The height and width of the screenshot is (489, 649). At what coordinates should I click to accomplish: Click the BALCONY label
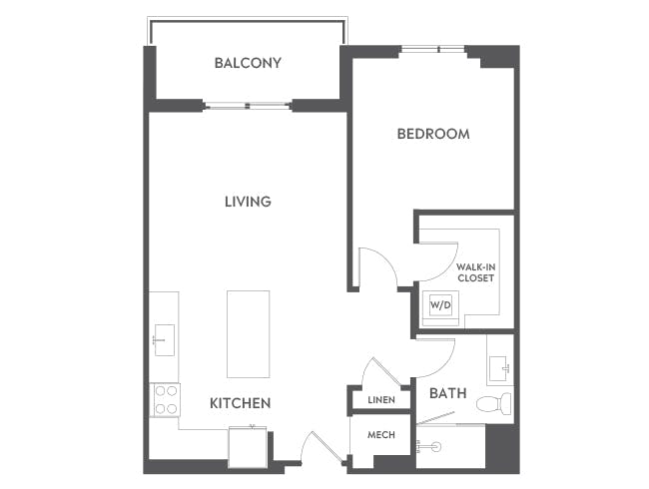click(248, 63)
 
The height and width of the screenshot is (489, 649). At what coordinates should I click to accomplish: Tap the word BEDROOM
click(433, 134)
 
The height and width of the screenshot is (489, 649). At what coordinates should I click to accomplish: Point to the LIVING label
click(248, 202)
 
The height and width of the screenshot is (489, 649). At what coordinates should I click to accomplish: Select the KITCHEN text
click(240, 403)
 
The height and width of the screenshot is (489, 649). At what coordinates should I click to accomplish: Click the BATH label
click(448, 393)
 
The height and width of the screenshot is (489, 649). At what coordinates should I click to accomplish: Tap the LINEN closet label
click(381, 400)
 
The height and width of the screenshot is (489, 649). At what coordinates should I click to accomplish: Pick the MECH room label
click(381, 435)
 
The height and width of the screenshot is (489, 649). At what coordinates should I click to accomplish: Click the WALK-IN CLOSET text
click(475, 272)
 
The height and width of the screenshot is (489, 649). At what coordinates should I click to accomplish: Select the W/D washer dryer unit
click(440, 305)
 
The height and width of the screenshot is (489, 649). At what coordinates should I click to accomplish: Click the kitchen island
click(248, 334)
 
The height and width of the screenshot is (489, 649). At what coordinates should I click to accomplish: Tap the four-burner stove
click(166, 400)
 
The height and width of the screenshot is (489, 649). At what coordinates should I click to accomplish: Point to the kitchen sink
click(165, 340)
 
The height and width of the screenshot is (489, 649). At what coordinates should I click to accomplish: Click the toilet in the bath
click(494, 402)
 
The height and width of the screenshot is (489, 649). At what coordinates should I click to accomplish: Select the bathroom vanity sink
click(499, 368)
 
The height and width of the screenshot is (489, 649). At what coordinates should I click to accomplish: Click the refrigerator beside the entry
click(248, 447)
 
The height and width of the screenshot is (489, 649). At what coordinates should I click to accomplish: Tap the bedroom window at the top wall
click(433, 50)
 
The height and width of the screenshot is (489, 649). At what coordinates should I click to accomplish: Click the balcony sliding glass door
click(248, 106)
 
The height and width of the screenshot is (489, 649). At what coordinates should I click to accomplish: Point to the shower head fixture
click(429, 447)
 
